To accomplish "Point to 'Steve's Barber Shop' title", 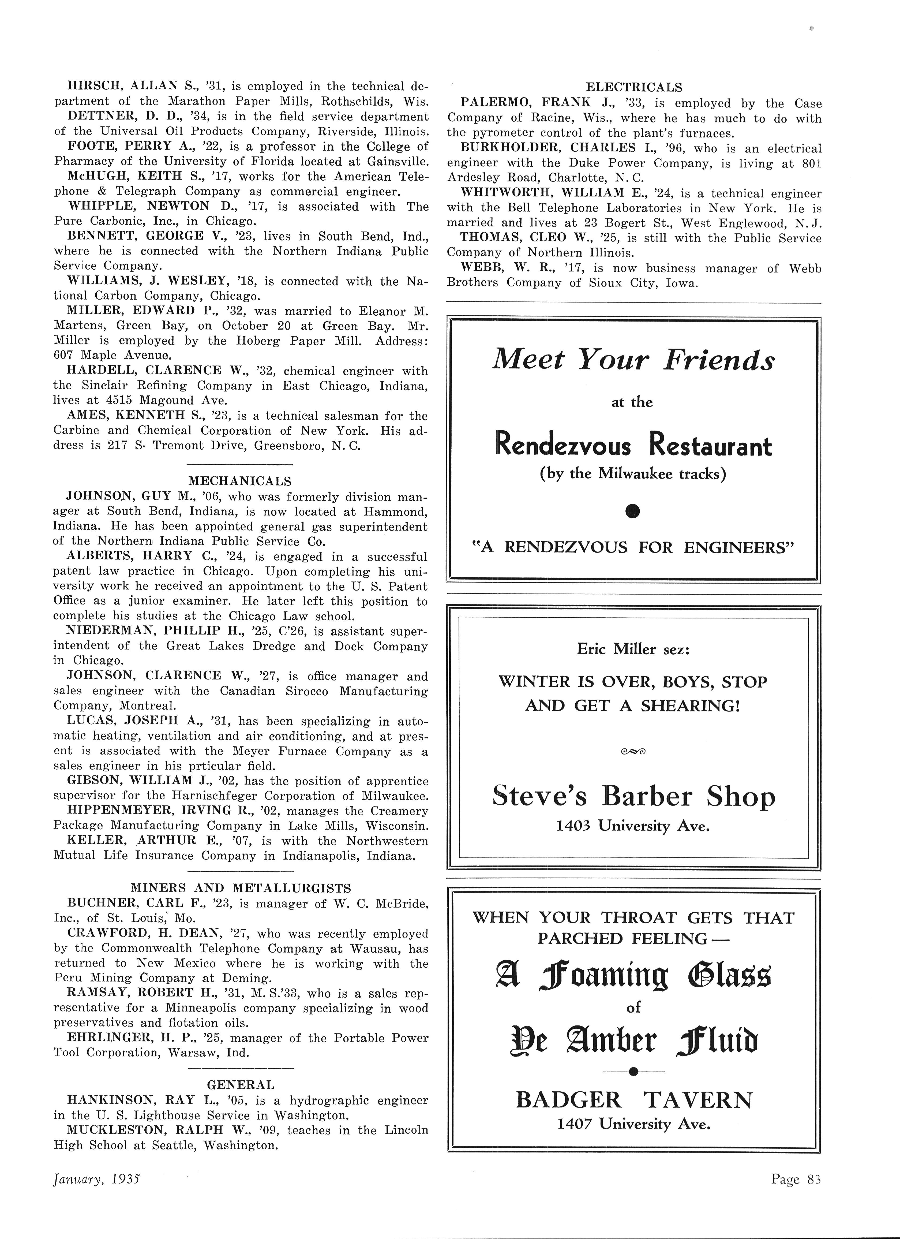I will coord(633,797).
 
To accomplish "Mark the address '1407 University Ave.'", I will coord(633,1124).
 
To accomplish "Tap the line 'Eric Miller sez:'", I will coord(633,650).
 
